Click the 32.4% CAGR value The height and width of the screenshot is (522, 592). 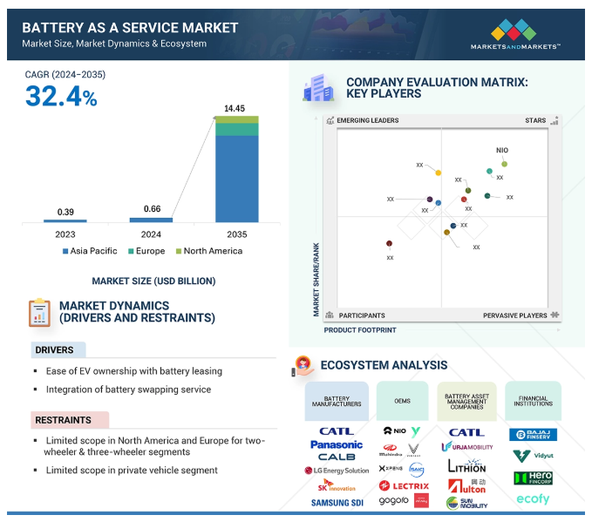(61, 97)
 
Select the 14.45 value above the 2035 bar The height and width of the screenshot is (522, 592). (235, 108)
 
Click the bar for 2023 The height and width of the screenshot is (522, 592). (65, 220)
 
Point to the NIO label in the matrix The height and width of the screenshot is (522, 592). (502, 150)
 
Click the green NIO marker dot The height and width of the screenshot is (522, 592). (504, 164)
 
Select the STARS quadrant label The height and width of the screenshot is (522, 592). (534, 120)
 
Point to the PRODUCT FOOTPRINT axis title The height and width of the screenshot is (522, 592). (360, 330)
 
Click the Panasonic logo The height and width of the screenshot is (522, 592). (336, 444)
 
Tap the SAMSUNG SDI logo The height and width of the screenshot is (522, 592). (336, 503)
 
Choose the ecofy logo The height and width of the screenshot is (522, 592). (533, 499)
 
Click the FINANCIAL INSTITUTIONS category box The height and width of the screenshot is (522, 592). (533, 400)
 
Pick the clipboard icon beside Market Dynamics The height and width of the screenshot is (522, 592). (39, 312)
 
